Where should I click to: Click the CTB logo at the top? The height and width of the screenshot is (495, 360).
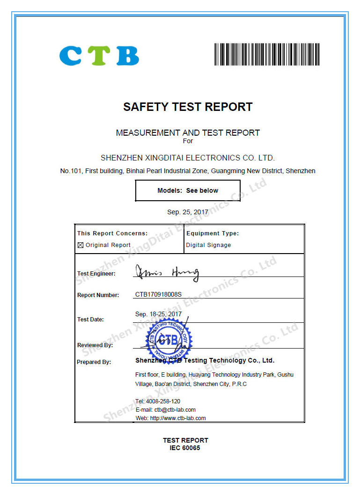(x=99, y=55)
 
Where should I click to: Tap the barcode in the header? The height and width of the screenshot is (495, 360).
(x=267, y=54)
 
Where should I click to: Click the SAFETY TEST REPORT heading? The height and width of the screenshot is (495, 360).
(x=188, y=107)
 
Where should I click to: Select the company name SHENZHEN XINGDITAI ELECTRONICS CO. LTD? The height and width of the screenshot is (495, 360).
(x=188, y=158)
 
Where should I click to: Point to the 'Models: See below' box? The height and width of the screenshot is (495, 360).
(x=188, y=190)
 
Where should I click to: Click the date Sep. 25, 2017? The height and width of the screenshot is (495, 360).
(x=188, y=212)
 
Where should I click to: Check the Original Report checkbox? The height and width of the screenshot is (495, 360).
(x=80, y=245)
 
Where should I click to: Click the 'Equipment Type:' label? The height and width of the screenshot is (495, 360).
(x=213, y=233)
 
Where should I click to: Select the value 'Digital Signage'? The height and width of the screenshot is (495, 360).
(x=208, y=245)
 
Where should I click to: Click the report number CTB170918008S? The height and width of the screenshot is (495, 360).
(x=158, y=295)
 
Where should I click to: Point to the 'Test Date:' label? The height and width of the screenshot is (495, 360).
(x=90, y=319)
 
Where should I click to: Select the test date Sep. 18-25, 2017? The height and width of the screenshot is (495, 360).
(x=158, y=314)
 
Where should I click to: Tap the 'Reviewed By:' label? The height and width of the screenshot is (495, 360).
(x=95, y=345)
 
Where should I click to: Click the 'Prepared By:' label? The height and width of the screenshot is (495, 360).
(x=94, y=362)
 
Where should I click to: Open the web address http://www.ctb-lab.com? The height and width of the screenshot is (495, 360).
(x=178, y=418)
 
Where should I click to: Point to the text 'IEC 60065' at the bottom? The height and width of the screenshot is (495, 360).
(x=185, y=448)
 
